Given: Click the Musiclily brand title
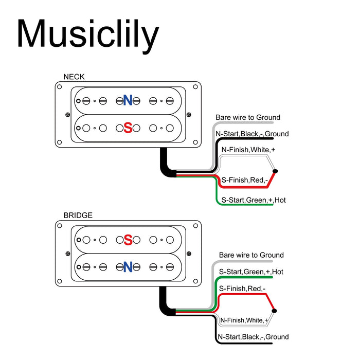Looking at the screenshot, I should click(87, 35).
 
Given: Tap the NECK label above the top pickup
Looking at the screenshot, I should click(74, 77).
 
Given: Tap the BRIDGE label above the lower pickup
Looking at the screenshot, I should click(78, 215).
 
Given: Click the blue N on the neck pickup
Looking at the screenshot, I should click(128, 100).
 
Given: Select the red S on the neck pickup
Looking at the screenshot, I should click(128, 127).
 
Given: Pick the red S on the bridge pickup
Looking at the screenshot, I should click(128, 240).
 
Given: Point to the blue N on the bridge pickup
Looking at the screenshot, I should click(128, 266).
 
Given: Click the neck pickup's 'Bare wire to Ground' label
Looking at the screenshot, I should click(248, 118).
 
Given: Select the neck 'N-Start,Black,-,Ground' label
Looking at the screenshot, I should click(251, 134).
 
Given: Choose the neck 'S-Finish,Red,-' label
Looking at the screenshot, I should click(244, 180).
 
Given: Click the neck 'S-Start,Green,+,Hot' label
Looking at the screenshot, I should click(253, 200).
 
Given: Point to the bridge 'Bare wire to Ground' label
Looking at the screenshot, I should click(251, 255).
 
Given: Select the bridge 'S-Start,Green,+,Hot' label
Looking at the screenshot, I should click(251, 272).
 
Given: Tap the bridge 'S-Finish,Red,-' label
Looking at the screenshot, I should click(242, 289).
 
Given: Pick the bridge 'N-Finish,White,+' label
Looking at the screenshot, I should click(244, 320).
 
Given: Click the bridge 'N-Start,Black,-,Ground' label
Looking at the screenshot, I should click(253, 337).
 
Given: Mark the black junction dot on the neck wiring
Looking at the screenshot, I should click(275, 171).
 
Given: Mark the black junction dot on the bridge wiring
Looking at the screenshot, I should click(275, 311).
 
